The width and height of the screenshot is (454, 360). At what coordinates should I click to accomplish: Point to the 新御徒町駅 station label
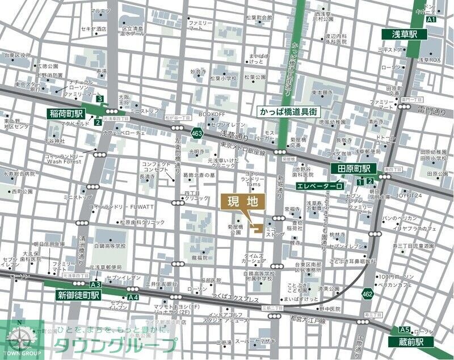78,295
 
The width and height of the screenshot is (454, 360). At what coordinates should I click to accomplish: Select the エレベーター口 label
320,185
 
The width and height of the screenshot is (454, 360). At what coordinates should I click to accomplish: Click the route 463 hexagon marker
197,133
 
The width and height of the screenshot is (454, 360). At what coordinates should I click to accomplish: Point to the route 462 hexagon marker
367,293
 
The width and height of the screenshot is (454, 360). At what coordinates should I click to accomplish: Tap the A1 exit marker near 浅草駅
431,19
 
